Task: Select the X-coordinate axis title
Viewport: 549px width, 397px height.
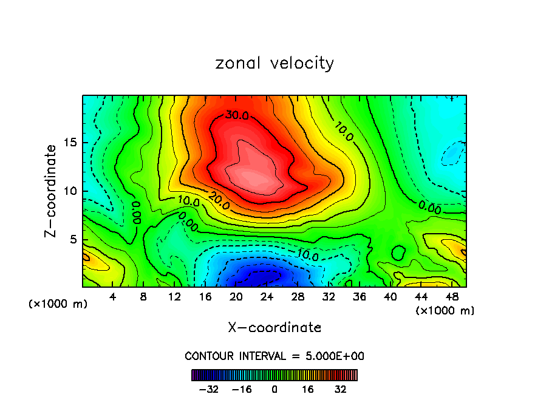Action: click(274, 328)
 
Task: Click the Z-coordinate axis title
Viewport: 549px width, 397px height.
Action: click(51, 191)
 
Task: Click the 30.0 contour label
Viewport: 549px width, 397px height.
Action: click(237, 115)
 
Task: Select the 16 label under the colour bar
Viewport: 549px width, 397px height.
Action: click(308, 389)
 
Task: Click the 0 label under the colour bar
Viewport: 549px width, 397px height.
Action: click(274, 389)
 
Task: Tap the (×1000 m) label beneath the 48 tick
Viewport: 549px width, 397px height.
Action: click(445, 311)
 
